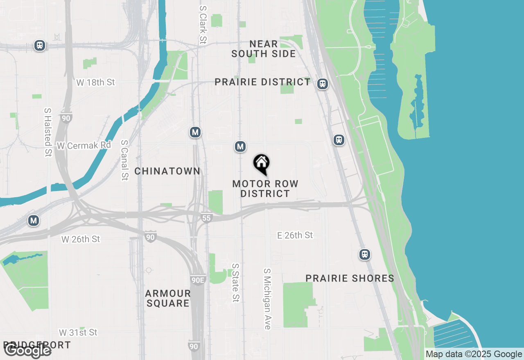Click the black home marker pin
click(261, 164)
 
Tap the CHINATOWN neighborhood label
click(167, 171)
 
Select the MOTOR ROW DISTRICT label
click(265, 189)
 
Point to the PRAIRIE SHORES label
click(350, 279)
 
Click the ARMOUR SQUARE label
click(168, 298)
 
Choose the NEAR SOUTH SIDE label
click(264, 49)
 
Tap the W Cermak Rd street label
click(84, 145)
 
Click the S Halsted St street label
click(48, 132)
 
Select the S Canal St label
click(124, 160)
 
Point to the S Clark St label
click(203, 25)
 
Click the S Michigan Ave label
click(267, 299)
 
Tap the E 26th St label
click(295, 235)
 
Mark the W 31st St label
click(78, 332)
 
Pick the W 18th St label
click(96, 82)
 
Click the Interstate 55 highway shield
click(206, 218)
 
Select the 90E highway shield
click(198, 280)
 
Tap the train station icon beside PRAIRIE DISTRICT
click(323, 84)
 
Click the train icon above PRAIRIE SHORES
click(364, 254)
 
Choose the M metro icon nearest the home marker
click(240, 146)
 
